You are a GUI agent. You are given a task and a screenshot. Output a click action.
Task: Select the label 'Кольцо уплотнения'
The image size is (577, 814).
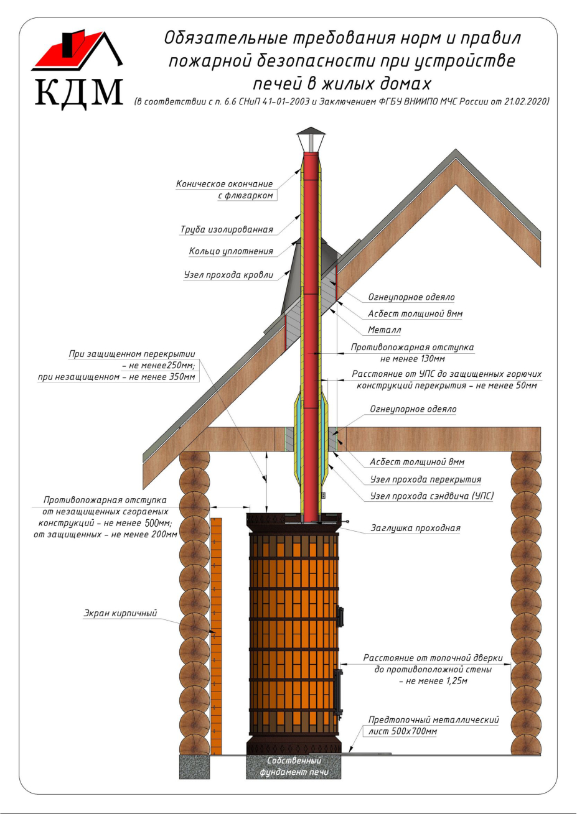pos(231,252)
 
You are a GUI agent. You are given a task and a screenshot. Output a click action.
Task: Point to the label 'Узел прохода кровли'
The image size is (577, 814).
pos(228,274)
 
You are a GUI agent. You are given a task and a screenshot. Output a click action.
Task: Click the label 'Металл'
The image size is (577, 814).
pos(384,330)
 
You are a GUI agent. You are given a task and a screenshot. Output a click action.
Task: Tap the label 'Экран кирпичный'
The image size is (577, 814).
pos(120,614)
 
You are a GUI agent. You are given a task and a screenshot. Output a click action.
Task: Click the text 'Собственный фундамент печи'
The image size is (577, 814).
pos(294,766)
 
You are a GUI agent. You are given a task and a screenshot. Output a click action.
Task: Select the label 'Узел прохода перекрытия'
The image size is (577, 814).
pos(425,480)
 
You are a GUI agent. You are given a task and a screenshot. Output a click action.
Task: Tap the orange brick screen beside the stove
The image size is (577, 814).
pos(216,634)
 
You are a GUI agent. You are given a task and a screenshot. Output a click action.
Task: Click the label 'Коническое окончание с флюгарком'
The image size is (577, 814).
pos(227,190)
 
